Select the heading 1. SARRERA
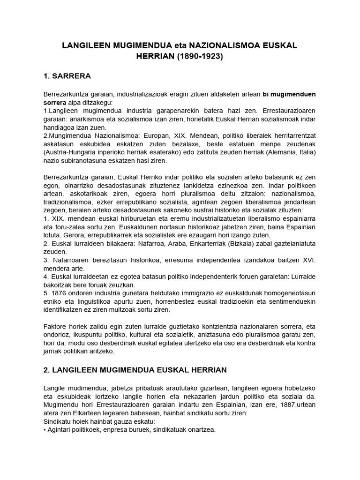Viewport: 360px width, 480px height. point(67,76)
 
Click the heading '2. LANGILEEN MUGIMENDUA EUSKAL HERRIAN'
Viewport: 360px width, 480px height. point(135,370)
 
